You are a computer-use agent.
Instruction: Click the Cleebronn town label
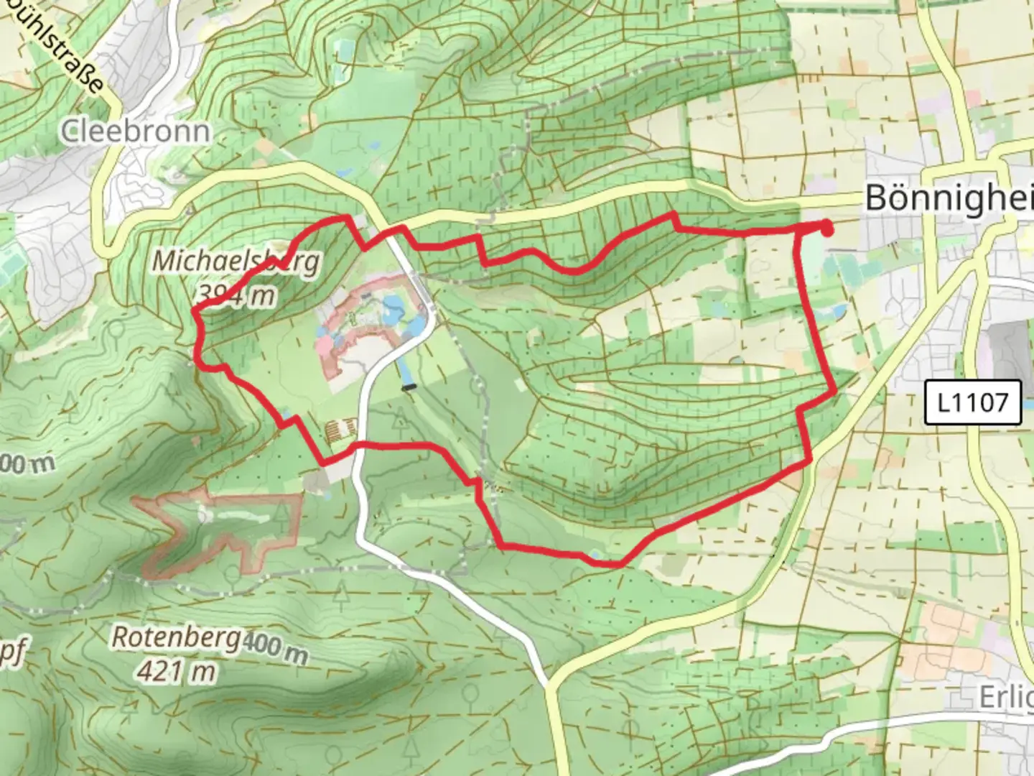coord(136,131)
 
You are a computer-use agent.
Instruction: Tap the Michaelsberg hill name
coord(236,261)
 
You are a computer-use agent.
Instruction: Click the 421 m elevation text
coord(176,671)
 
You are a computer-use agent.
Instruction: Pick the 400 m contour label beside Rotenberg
coord(274,650)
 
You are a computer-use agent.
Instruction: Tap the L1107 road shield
coord(972,402)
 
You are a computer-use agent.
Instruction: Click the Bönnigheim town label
coord(948,198)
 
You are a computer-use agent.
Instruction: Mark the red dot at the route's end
coord(826,229)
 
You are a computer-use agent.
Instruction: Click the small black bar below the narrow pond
coord(409,387)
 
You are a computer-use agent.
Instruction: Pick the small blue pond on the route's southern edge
coord(594,555)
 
